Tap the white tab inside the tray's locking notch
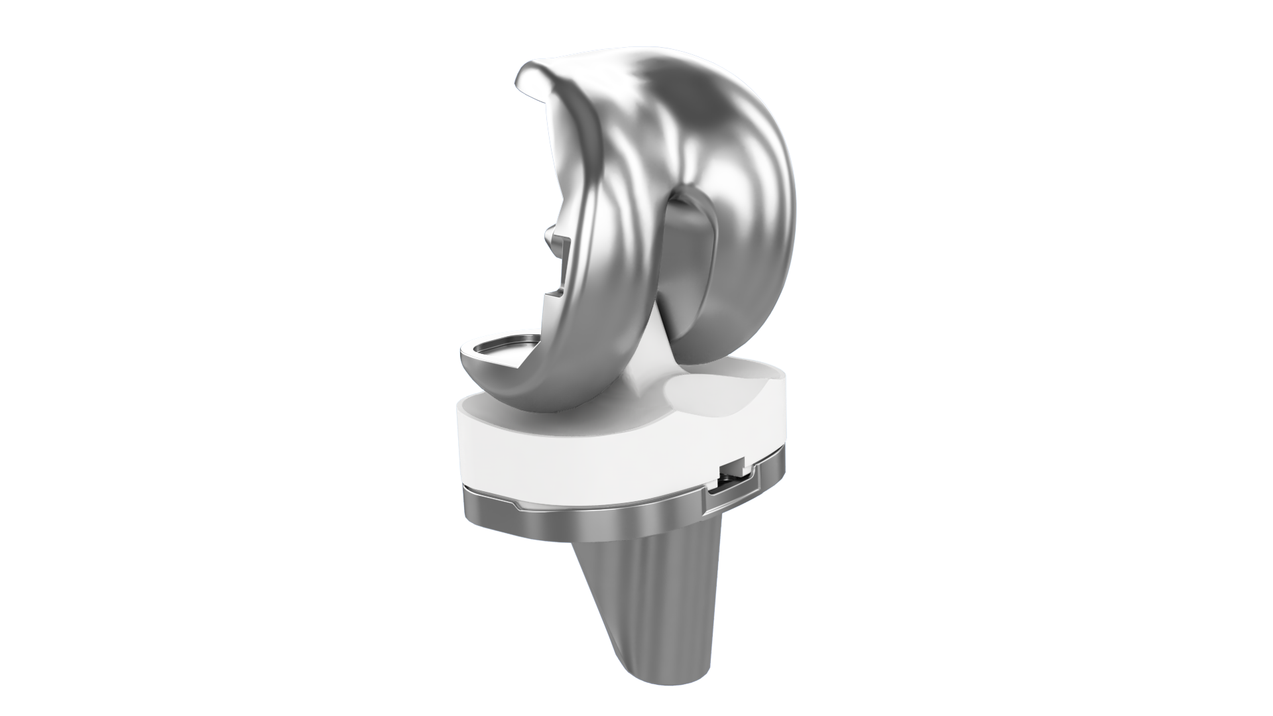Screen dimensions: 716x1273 (732, 468)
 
